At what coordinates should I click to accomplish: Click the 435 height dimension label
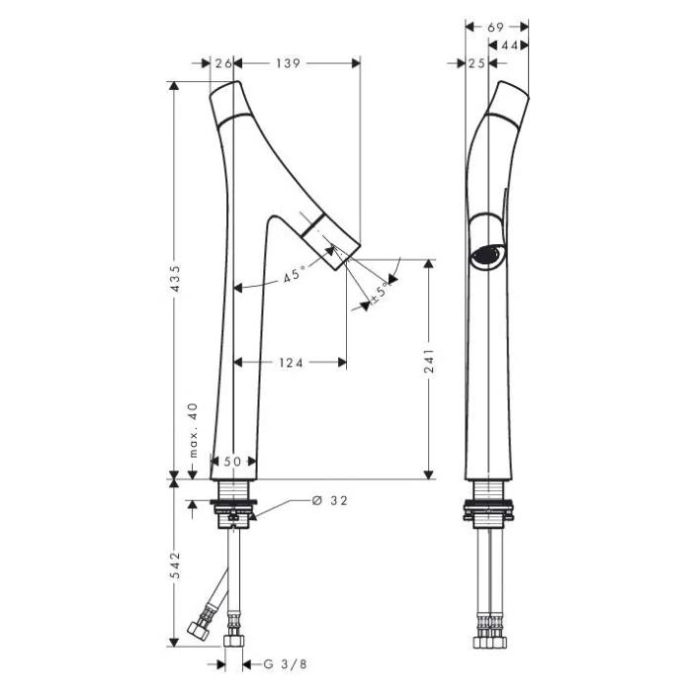pos(176,279)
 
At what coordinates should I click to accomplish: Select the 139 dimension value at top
pos(289,63)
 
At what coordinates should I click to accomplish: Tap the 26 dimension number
pos(223,63)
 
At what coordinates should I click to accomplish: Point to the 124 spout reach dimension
pos(292,363)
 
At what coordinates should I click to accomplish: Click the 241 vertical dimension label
pos(429,361)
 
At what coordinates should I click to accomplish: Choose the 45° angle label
pos(294,276)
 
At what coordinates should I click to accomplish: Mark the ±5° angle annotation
pos(381,293)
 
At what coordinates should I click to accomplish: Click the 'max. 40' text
pos(194,430)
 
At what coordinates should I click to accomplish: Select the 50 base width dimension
pos(232,462)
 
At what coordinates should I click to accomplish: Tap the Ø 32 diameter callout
pos(329,500)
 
